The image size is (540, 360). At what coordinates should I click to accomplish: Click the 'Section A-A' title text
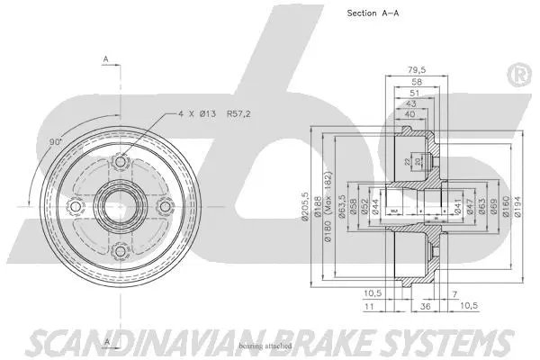coord(373,13)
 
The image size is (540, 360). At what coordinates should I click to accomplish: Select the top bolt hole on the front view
coord(119,163)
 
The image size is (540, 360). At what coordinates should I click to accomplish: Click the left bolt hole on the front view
coord(75,208)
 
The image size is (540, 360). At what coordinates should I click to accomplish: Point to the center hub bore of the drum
coord(119,208)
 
